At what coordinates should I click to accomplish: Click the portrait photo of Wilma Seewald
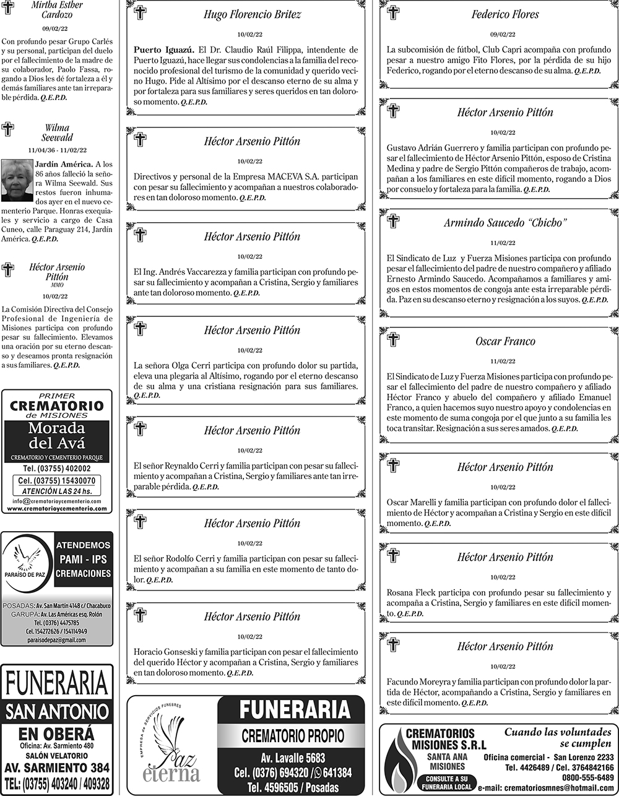(17, 180)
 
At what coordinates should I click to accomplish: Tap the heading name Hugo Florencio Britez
(253, 15)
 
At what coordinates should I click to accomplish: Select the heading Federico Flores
(505, 14)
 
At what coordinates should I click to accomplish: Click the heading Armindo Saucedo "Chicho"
(505, 223)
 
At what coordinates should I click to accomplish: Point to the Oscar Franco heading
(505, 341)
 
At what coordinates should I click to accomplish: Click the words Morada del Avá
(57, 436)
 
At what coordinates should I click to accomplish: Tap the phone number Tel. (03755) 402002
(57, 469)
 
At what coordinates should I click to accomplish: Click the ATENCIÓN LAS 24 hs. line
(57, 491)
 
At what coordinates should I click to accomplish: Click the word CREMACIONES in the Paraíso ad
(84, 574)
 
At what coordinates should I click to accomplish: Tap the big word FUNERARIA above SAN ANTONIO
(57, 684)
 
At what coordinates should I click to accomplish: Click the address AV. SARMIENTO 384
(57, 768)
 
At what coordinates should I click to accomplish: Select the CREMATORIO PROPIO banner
(291, 737)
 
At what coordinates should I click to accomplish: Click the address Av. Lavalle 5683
(291, 758)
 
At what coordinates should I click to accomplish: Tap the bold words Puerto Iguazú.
(162, 50)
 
